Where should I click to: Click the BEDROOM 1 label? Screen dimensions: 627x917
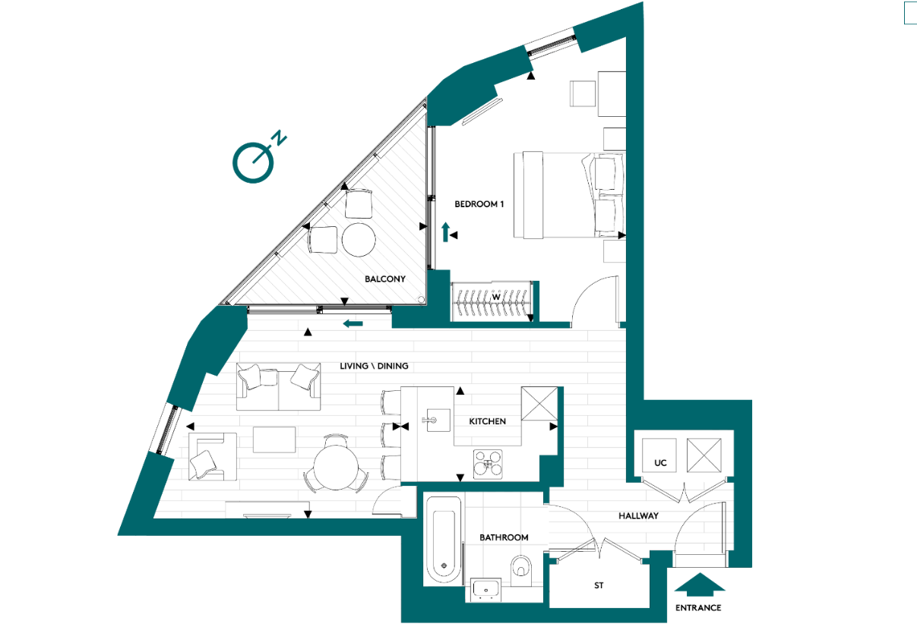(x=479, y=204)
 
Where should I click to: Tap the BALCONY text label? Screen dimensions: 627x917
(x=384, y=279)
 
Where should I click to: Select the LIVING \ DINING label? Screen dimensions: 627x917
(x=374, y=366)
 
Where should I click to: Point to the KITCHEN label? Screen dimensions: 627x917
(x=487, y=421)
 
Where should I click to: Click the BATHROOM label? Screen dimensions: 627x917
(x=503, y=537)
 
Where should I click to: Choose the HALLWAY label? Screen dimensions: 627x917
(x=637, y=515)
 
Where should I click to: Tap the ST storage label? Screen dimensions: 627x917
(x=599, y=586)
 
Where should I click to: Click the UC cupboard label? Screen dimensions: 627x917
(x=660, y=462)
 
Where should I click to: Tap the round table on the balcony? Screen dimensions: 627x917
(x=359, y=241)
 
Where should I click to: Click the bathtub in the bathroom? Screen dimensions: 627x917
(x=441, y=540)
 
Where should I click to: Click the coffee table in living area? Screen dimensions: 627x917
(x=274, y=440)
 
